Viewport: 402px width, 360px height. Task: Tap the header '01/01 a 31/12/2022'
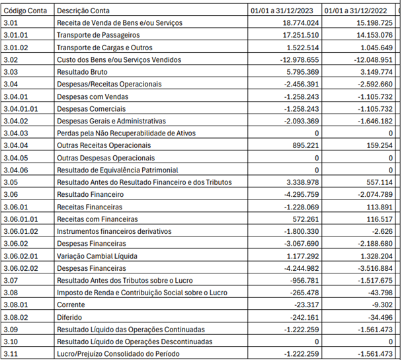point(358,11)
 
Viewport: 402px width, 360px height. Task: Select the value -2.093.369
point(298,122)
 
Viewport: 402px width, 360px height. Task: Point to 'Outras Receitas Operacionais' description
point(104,146)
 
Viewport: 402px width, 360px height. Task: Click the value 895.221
point(304,146)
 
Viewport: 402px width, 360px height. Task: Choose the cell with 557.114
point(378,183)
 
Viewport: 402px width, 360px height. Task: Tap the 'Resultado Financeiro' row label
point(91,195)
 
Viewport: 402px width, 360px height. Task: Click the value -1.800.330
point(298,232)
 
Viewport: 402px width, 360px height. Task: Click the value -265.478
point(302,293)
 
